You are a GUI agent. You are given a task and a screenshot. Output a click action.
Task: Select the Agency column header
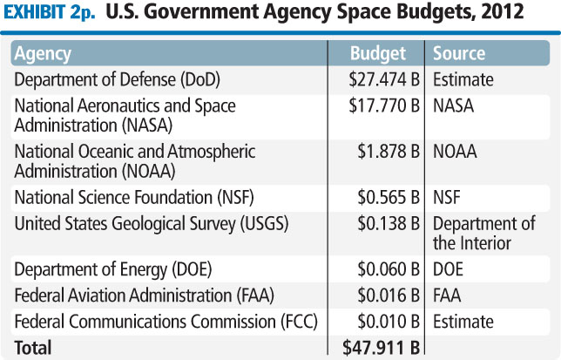[43, 53]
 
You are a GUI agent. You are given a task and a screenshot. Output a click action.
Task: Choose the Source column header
[459, 53]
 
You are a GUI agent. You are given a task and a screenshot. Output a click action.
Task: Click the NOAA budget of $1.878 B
[385, 152]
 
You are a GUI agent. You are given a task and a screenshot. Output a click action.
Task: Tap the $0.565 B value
[385, 197]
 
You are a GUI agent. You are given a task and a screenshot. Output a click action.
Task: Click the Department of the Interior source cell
[483, 234]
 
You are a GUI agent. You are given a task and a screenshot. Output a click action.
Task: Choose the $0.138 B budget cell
[385, 223]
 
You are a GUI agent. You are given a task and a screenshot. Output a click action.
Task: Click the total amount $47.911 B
[382, 347]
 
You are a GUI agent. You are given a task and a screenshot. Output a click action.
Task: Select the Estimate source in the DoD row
[463, 79]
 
